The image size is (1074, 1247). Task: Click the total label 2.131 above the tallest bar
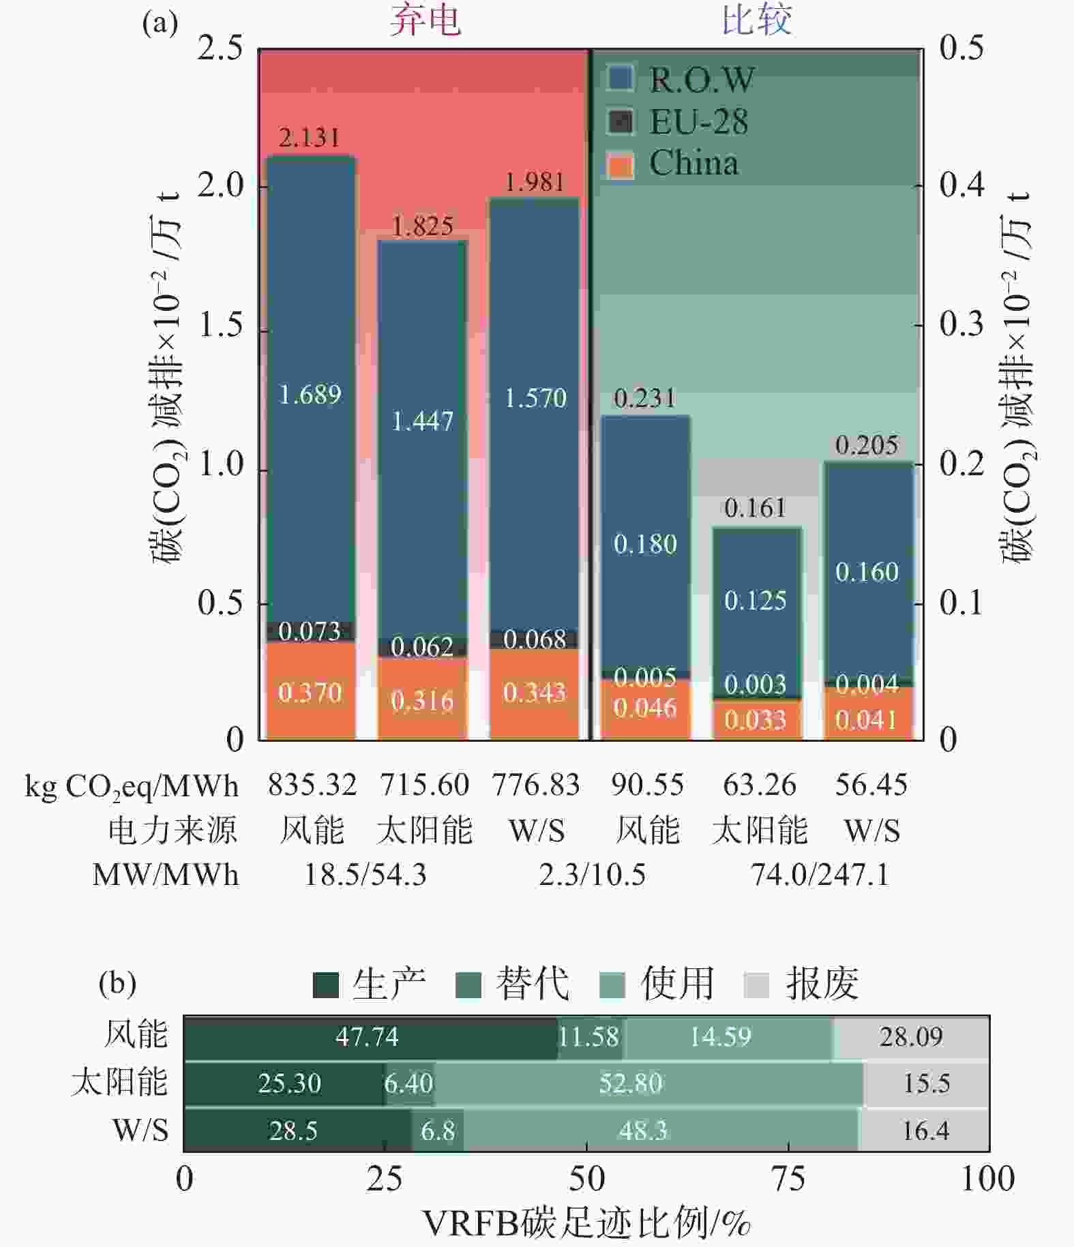(309, 138)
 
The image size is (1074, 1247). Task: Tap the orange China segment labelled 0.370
(310, 692)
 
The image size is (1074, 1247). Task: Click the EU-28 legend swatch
(621, 122)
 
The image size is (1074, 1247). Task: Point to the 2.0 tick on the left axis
(220, 185)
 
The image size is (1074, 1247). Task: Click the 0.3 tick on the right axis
(961, 325)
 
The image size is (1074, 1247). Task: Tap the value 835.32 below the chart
(312, 785)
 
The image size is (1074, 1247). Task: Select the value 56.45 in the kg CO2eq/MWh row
(871, 785)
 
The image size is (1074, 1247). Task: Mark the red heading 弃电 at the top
(425, 20)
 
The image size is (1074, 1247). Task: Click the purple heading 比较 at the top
(756, 20)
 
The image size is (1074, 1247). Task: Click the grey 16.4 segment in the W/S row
(925, 1130)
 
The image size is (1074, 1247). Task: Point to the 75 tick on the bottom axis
(788, 1179)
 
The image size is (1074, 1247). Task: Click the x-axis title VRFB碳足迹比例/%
(586, 1223)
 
